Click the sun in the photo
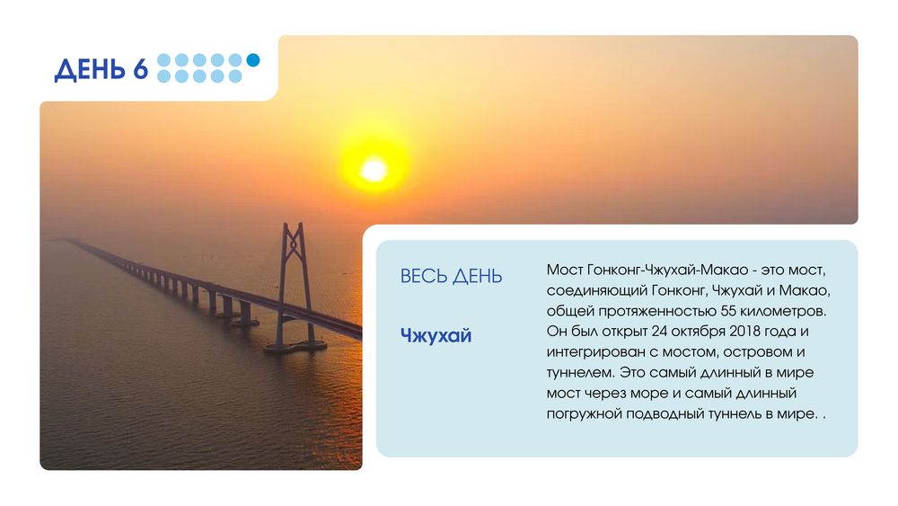coord(374,170)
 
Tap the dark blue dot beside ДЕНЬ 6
coord(253,59)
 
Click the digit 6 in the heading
coord(140,69)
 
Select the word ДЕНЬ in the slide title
coord(90,70)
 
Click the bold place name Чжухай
coord(436,335)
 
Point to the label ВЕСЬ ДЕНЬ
coord(452,276)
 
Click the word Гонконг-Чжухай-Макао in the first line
coord(668,270)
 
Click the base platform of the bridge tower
coord(295,347)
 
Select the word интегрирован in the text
coord(596,352)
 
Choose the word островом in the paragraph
coord(760,352)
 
